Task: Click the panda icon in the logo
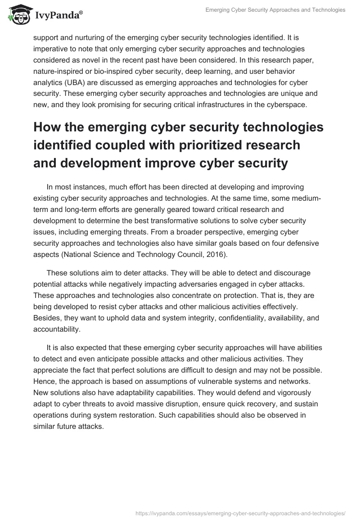(17, 15)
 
